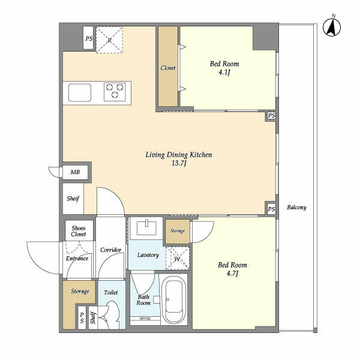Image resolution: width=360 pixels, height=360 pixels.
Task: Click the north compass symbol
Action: [332, 26]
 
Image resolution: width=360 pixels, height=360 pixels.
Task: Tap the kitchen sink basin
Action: [80, 92]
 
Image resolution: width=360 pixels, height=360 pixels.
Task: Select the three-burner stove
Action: [115, 92]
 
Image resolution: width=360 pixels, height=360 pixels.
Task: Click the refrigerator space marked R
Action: [109, 40]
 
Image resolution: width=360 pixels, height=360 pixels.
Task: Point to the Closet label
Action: [168, 68]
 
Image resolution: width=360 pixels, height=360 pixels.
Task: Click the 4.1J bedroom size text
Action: [224, 73]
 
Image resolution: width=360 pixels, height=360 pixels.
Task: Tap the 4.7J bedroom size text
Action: [232, 274]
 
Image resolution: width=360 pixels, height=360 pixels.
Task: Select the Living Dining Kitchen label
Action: [179, 155]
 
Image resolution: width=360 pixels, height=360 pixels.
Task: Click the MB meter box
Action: [76, 172]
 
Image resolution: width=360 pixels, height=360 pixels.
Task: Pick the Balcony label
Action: [296, 208]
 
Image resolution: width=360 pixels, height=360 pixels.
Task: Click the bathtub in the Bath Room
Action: [174, 299]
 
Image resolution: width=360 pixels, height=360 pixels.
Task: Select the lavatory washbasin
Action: [146, 228]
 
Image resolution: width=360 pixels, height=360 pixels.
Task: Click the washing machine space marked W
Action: [178, 258]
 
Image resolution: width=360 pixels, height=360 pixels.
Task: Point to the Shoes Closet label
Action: [79, 231]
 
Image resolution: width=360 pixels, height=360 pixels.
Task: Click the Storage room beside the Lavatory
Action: [178, 232]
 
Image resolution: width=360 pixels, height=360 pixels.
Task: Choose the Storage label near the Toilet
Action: [80, 291]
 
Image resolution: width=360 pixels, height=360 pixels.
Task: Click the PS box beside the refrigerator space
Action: [88, 38]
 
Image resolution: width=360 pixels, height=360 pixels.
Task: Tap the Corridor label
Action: [110, 250]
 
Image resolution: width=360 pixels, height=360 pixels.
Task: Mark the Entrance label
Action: [77, 258]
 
